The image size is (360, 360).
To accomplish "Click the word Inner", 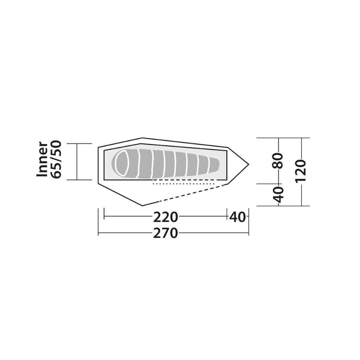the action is click(42, 159).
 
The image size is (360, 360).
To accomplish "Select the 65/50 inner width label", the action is click(56, 159).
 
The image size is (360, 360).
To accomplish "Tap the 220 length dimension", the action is click(166, 217).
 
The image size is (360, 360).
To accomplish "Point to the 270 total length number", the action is click(166, 233).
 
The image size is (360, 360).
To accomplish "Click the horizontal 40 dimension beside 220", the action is click(238, 217).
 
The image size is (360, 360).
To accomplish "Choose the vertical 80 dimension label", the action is click(279, 161).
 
